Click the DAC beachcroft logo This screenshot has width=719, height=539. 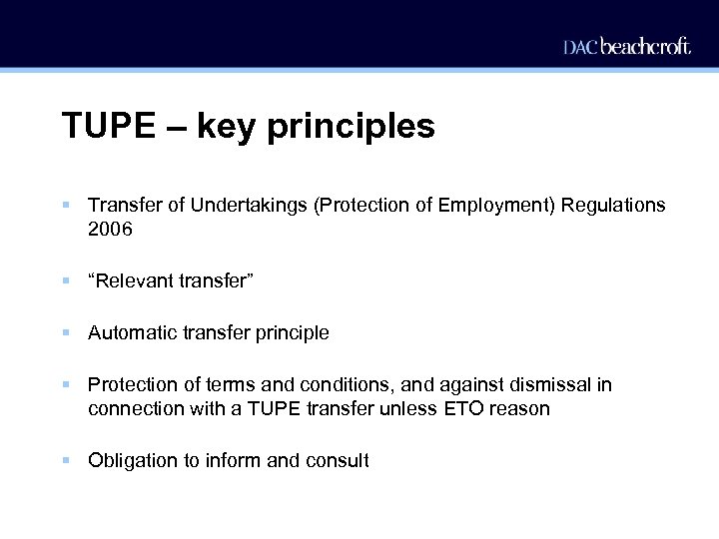[x=626, y=46]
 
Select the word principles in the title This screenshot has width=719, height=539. [x=352, y=128]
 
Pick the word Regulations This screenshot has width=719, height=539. [x=613, y=205]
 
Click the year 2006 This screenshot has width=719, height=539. [x=110, y=230]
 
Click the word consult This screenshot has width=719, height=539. [x=337, y=461]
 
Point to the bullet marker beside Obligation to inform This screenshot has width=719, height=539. [x=65, y=460]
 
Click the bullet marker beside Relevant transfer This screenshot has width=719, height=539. [x=65, y=281]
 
